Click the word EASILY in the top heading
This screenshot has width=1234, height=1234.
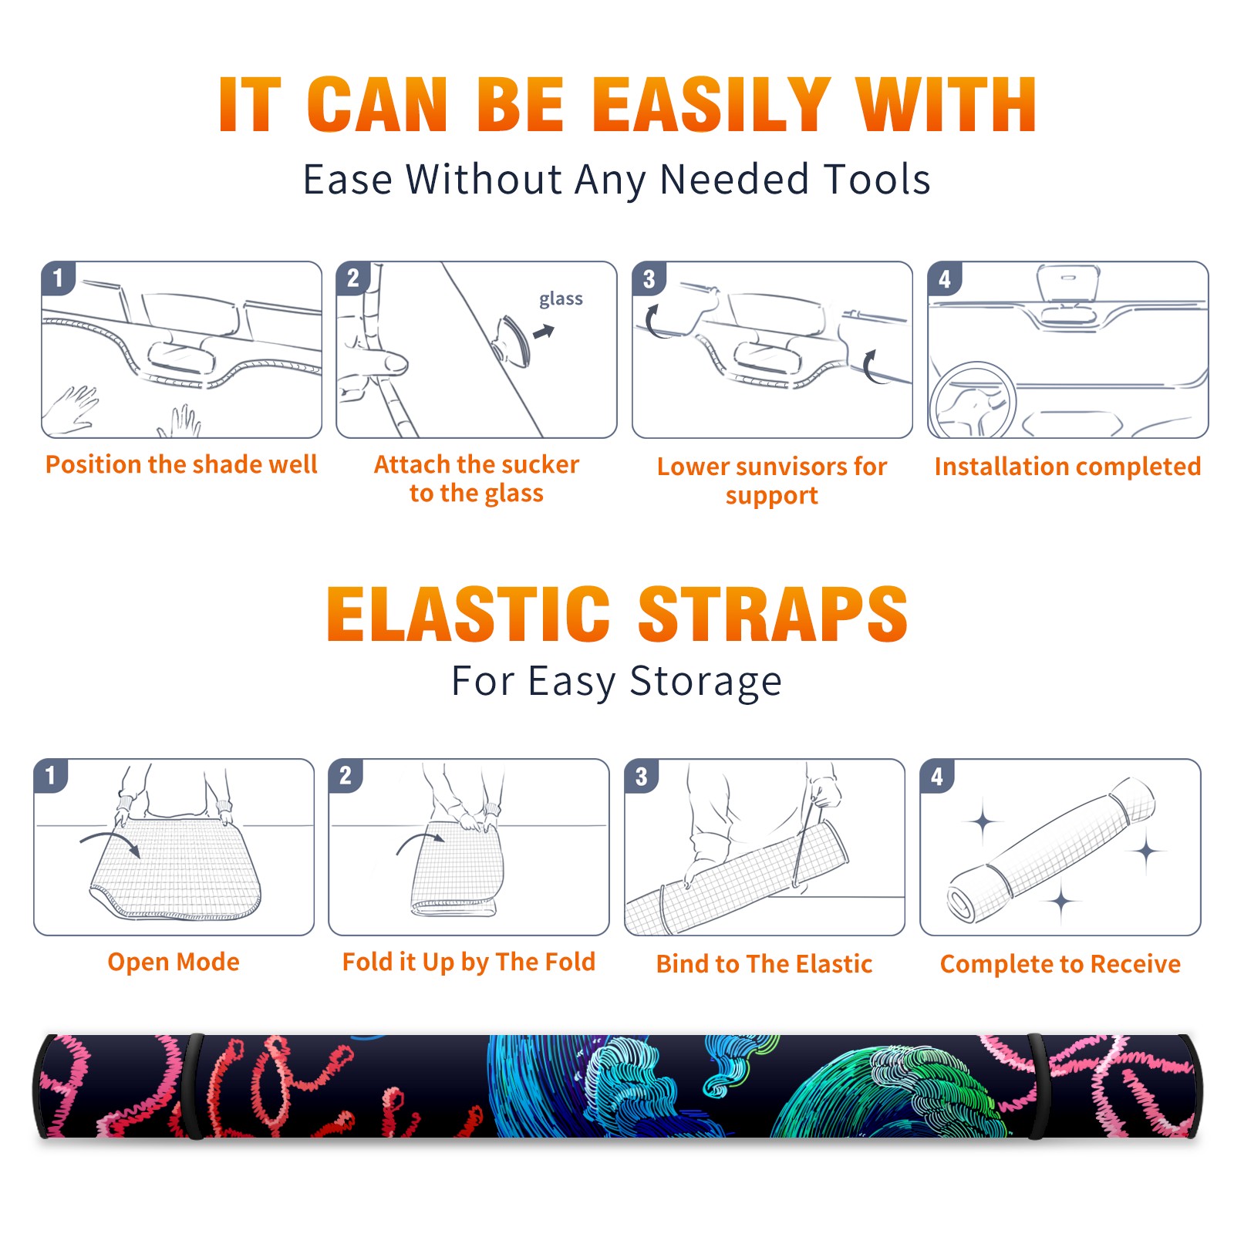(713, 105)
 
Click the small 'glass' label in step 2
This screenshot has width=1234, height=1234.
(561, 299)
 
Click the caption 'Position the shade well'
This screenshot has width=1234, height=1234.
(181, 464)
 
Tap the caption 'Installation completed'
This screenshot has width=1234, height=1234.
(1067, 467)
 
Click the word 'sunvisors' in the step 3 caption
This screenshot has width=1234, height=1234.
(791, 467)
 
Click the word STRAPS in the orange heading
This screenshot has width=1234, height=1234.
(773, 614)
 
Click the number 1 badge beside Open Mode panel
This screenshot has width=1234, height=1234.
(51, 776)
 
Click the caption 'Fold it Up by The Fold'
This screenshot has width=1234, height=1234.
(469, 962)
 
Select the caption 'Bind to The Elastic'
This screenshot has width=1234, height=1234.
(764, 964)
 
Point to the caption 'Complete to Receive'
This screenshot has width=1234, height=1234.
(1060, 964)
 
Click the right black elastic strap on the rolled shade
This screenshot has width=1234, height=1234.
(1037, 1086)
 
